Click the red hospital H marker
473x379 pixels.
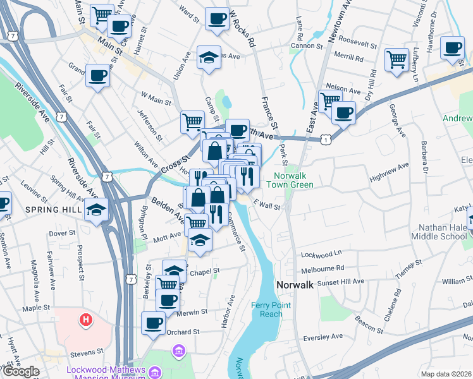[x=85, y=320]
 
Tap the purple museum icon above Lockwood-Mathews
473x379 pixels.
[x=178, y=351]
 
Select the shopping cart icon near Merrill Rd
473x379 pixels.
[x=396, y=59]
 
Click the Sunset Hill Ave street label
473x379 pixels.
[x=341, y=281]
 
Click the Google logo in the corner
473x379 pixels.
[x=21, y=372]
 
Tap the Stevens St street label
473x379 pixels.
[x=88, y=351]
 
